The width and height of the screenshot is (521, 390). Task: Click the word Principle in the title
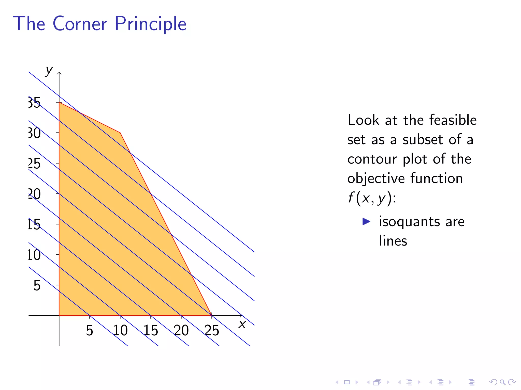coord(150,24)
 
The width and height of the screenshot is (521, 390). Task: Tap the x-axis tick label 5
coord(89,330)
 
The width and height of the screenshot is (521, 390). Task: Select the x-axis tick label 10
coord(120,330)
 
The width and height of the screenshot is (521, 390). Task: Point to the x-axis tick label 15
coord(151,330)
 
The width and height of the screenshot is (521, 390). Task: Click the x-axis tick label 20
coord(181,330)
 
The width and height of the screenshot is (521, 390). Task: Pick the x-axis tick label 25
coord(212,330)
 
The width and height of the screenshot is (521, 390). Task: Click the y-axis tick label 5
coord(37,285)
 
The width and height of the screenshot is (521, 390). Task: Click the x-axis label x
coord(242,324)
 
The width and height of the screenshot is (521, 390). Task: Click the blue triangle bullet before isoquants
coord(366,221)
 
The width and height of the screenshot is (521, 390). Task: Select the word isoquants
coord(410,222)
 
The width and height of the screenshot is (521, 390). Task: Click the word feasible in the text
coord(453,120)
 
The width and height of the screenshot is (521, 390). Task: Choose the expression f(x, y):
coord(372,198)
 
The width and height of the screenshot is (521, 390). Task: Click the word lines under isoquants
coord(393,241)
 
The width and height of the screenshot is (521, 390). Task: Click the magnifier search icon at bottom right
coord(502,382)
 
